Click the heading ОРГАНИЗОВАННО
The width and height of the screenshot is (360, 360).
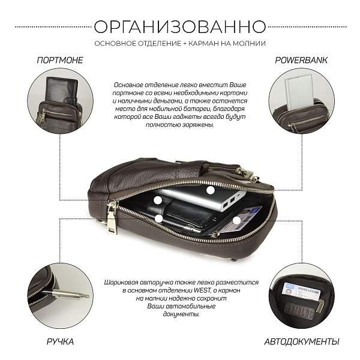coord(180,26)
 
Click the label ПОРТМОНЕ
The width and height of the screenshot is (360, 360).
coord(60,60)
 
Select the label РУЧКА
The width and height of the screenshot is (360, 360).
coord(60,341)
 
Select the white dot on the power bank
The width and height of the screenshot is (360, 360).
coord(211,190)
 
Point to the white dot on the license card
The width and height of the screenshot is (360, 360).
coord(237,221)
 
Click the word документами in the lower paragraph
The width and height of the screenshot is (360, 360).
coord(181,314)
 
